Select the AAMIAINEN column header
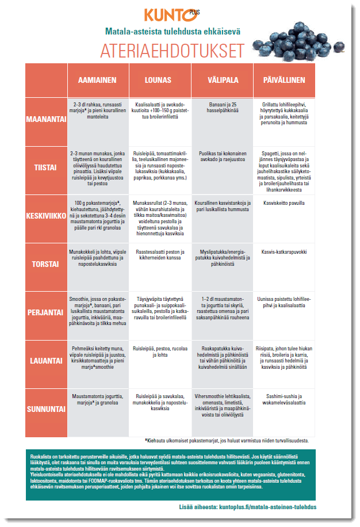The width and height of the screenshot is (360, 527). (x=98, y=81)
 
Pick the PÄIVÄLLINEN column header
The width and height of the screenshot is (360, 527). (x=284, y=81)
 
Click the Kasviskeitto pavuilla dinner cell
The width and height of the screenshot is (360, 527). (x=284, y=204)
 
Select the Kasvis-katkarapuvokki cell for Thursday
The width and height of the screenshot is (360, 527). (x=284, y=252)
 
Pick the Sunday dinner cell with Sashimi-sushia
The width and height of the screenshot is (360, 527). (x=284, y=400)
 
